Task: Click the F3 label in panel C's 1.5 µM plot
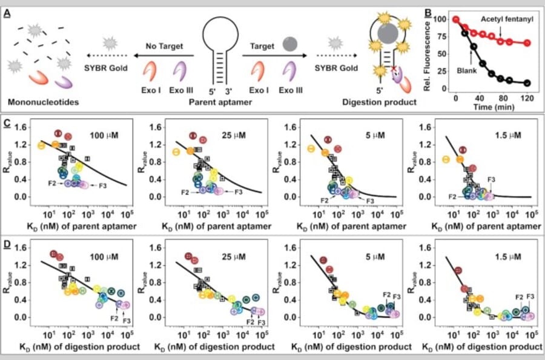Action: pos(491,179)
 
